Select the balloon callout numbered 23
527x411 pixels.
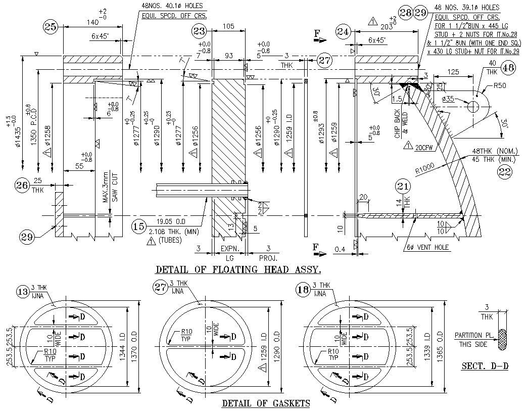pos(200,31)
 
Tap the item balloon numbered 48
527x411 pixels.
pos(508,67)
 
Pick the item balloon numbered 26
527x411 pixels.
pos(22,186)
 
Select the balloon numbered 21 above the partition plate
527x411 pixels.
pos(402,187)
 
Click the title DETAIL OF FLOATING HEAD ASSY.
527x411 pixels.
pos(238,269)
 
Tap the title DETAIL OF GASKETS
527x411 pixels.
pos(266,403)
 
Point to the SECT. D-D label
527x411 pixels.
pos(485,366)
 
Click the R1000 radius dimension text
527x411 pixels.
pos(425,168)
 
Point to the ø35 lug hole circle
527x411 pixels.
pos(473,107)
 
